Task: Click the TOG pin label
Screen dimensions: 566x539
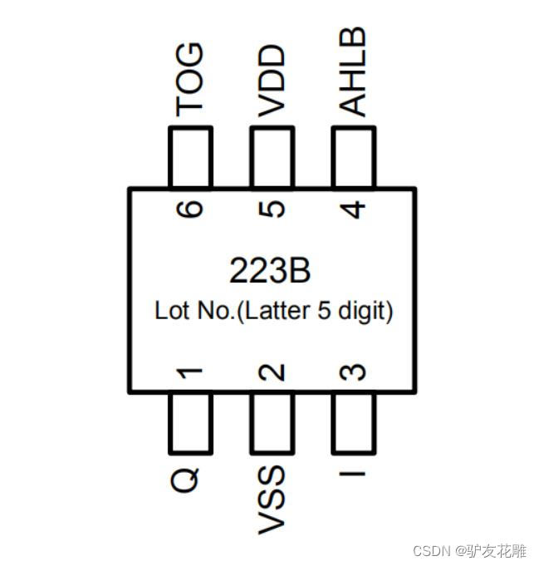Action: point(189,80)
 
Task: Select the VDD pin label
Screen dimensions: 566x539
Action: point(272,82)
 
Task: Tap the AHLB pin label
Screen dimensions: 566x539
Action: point(353,72)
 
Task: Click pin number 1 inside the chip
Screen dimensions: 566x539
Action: point(190,375)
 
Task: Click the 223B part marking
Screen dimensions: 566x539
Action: point(271,270)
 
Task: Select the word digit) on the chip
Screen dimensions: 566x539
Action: point(363,312)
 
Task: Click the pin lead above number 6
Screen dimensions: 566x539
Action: point(190,158)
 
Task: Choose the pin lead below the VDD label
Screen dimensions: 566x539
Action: point(272,158)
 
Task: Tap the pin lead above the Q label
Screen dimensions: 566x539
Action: point(190,421)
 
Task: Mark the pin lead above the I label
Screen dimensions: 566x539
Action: point(354,421)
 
